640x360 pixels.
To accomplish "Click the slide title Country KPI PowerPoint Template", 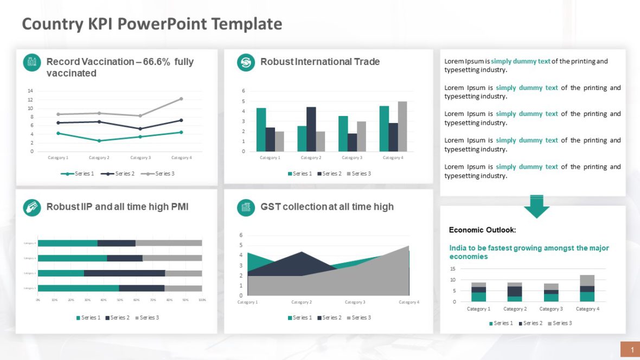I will click(152, 24).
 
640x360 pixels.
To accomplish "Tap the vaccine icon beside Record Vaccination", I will click(32, 62).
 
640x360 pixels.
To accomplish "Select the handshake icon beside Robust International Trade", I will click(246, 62).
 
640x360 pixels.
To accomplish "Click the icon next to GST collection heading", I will click(246, 207).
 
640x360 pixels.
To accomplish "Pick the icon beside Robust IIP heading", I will click(32, 207).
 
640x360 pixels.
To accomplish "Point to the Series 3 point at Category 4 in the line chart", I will click(181, 99).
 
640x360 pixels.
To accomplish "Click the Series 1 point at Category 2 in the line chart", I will click(99, 141).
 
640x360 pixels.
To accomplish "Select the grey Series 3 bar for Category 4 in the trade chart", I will click(402, 126).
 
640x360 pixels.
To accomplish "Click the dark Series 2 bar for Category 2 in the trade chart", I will click(311, 129).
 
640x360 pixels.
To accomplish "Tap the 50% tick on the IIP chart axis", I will click(120, 300).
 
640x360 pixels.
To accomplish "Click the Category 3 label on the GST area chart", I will click(354, 302).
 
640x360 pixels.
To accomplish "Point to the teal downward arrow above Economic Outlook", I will click(536, 206).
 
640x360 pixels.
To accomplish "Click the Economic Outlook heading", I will click(482, 230).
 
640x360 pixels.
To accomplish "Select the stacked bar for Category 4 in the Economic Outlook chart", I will click(587, 288).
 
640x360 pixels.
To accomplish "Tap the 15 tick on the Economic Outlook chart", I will click(452, 269).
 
